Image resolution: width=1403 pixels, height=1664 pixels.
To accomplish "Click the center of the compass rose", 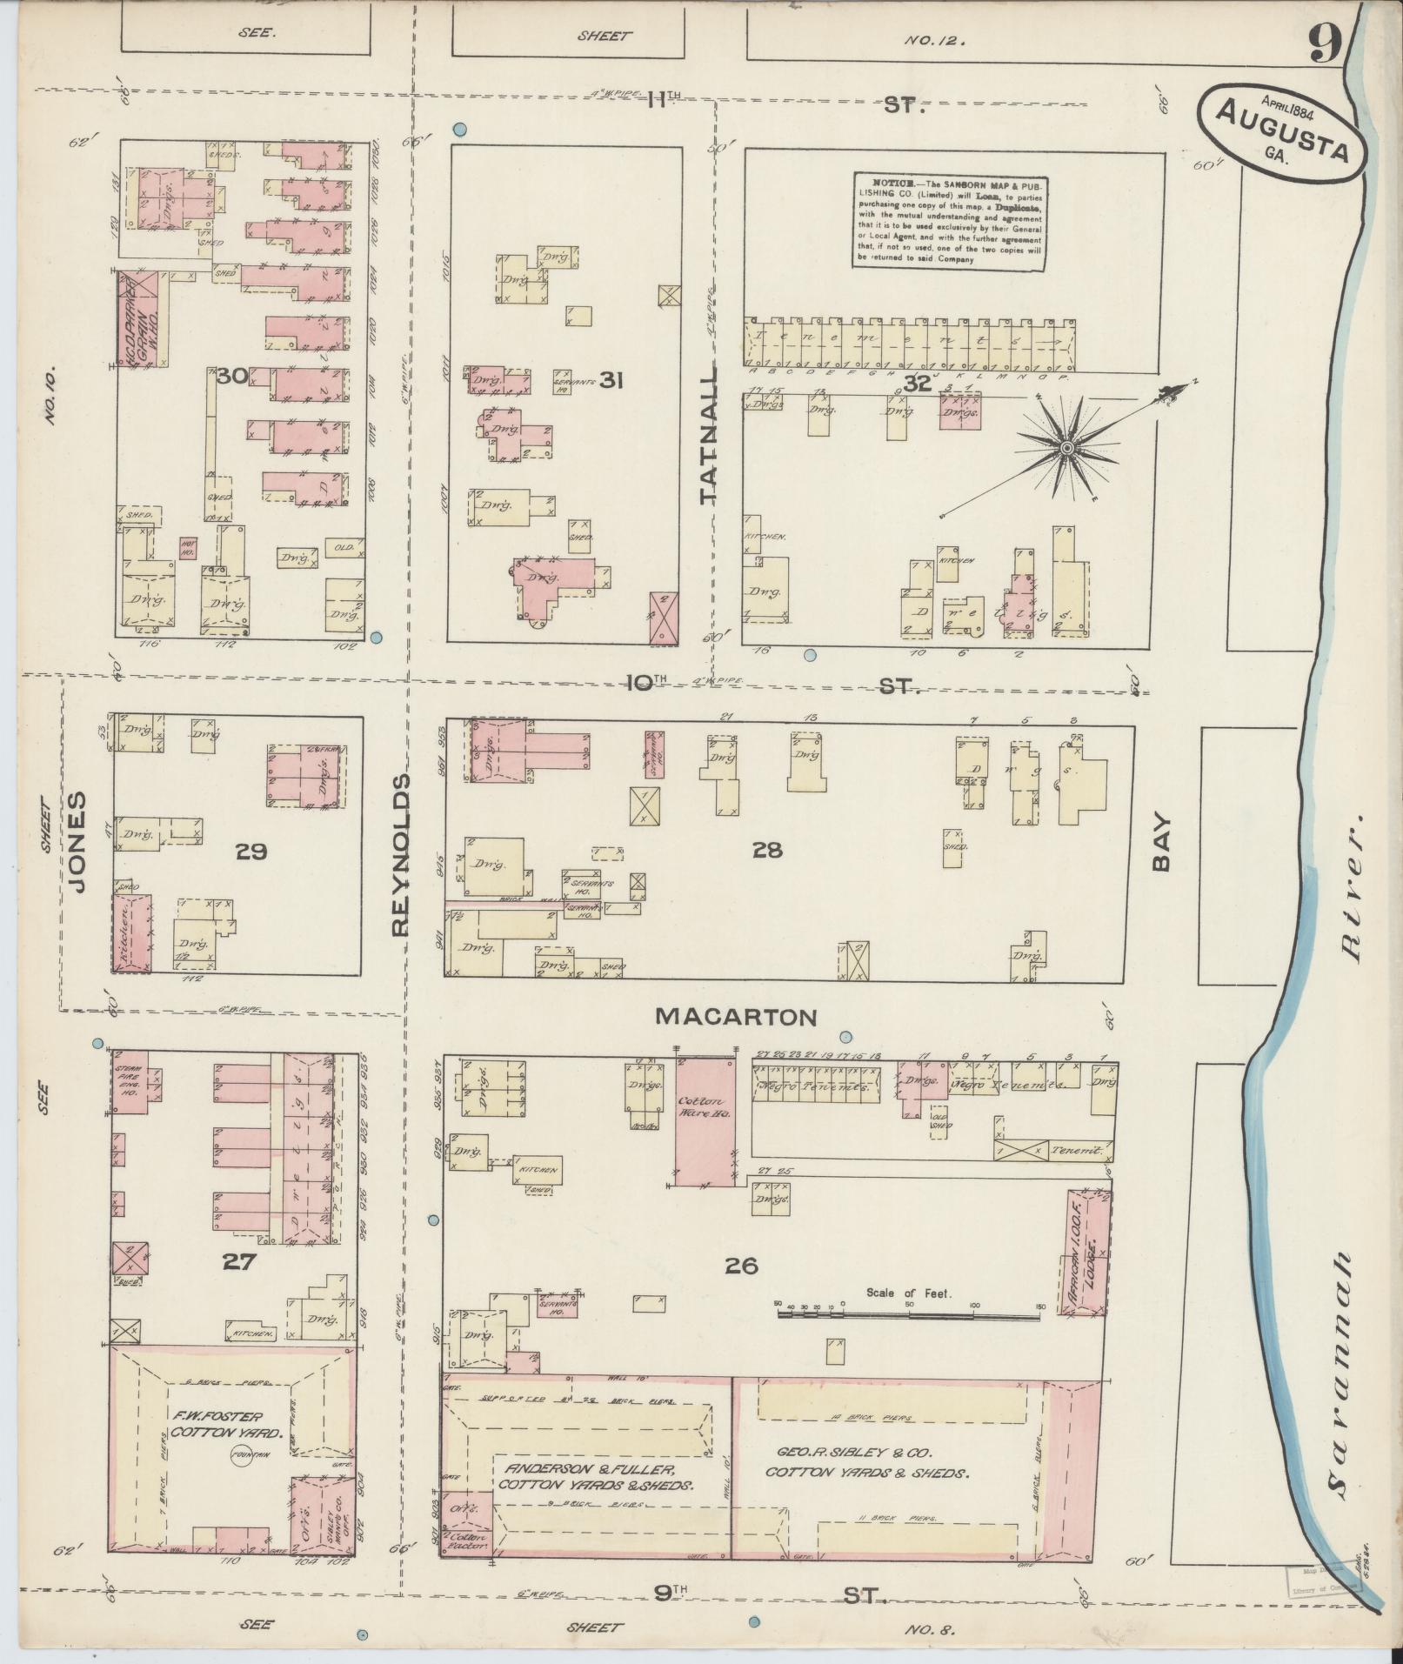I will [x=1066, y=447].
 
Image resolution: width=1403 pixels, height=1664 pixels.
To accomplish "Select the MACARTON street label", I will [x=736, y=1016].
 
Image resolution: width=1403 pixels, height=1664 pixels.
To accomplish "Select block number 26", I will [x=740, y=1265].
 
